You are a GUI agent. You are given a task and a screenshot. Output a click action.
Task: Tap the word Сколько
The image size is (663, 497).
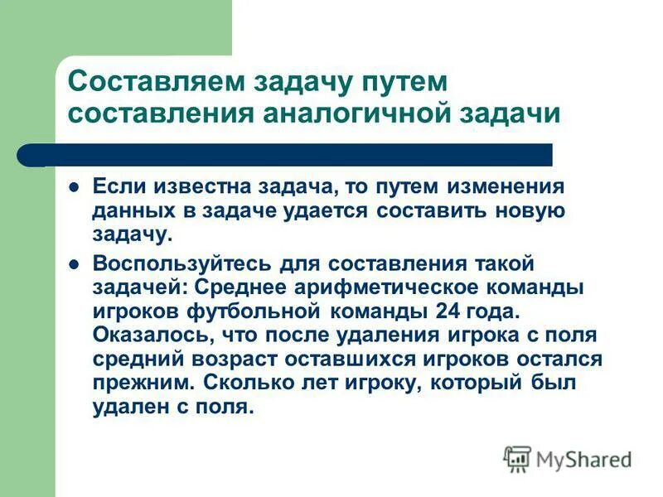[244, 384]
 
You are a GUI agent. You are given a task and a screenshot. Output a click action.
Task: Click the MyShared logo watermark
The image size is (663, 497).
[568, 457]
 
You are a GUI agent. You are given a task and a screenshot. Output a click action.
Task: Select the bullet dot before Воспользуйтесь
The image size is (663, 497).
[74, 263]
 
